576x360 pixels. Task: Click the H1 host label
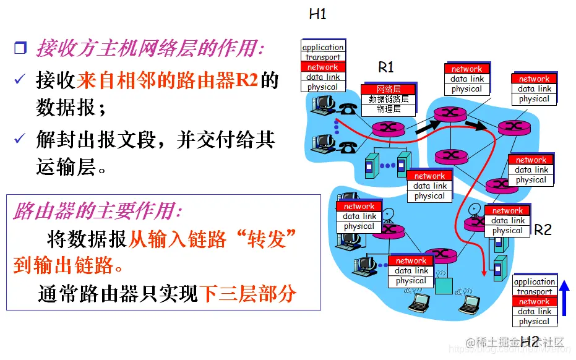pyautogui.click(x=317, y=14)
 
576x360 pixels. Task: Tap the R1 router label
pyautogui.click(x=385, y=67)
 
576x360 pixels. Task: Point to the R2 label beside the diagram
pyautogui.click(x=542, y=229)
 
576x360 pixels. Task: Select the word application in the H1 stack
pyautogui.click(x=323, y=47)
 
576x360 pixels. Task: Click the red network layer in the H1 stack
pyautogui.click(x=323, y=67)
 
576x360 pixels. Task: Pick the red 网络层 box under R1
pyautogui.click(x=389, y=89)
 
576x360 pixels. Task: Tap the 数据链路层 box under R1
pyautogui.click(x=389, y=99)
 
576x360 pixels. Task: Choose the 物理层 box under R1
pyautogui.click(x=389, y=109)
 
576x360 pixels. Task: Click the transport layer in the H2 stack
pyautogui.click(x=534, y=291)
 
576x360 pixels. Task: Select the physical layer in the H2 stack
pyautogui.click(x=534, y=321)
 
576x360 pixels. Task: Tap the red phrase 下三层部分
pyautogui.click(x=248, y=294)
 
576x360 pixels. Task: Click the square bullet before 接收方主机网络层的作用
pyautogui.click(x=20, y=48)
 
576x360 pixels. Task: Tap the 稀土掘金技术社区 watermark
pyautogui.click(x=517, y=342)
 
